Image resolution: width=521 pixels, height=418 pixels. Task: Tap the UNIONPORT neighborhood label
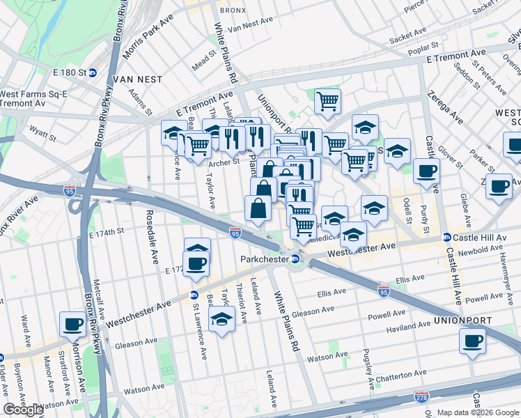coord(462,320)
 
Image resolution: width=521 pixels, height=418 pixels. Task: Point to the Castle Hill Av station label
coord(481,238)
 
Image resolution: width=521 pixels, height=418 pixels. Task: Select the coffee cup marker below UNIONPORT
coord(472,341)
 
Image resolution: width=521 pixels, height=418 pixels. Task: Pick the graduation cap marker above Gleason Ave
coord(221,319)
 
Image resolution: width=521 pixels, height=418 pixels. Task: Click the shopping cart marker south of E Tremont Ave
coord(327,101)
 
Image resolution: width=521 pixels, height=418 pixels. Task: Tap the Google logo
coord(23,410)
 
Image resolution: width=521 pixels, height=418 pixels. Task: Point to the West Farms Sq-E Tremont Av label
coord(29,98)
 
